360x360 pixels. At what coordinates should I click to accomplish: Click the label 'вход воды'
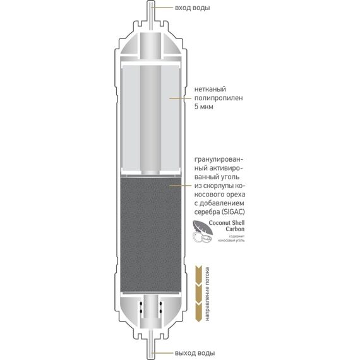[193, 8]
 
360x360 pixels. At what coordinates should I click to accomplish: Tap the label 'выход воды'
[195, 352]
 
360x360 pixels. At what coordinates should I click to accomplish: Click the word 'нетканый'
[210, 89]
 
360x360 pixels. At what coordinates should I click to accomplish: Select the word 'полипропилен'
[219, 98]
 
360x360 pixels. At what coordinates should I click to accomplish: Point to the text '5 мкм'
[204, 107]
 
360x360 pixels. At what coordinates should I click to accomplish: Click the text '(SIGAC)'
[233, 212]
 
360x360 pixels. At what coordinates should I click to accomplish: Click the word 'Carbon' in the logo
[235, 229]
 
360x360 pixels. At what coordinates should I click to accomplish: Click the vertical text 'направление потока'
[207, 294]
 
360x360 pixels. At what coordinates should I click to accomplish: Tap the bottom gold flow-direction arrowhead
[198, 312]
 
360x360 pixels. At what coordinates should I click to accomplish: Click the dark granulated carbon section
[151, 234]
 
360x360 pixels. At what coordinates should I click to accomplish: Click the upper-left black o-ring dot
[141, 304]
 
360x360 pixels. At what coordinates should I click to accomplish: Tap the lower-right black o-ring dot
[160, 311]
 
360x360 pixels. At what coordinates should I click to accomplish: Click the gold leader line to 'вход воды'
[162, 8]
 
